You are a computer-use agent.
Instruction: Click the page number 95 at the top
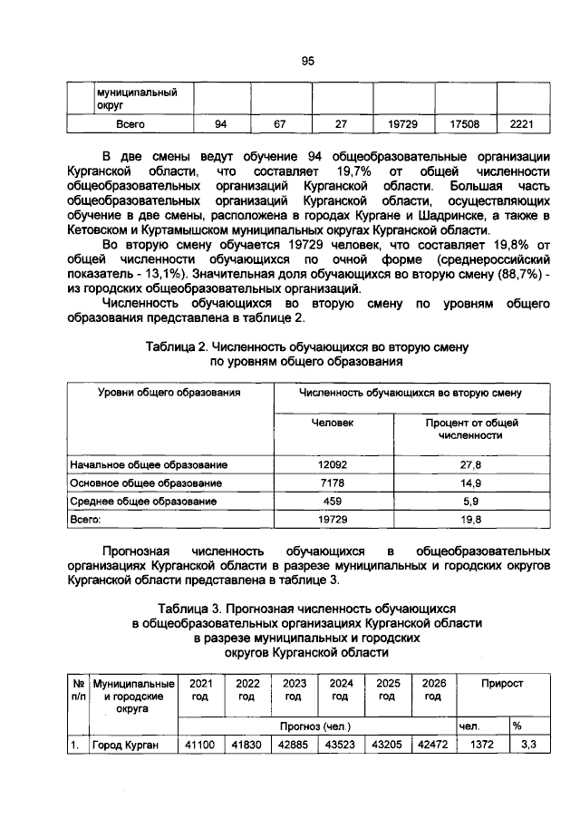[x=307, y=61]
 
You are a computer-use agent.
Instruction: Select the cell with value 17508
[x=463, y=122]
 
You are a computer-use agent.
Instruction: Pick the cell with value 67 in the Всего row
[x=280, y=122]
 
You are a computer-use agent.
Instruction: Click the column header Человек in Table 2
[x=333, y=423]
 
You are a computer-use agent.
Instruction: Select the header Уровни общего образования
[x=169, y=393]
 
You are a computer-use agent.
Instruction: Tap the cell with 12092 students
[x=333, y=465]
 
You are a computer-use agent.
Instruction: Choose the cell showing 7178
[x=333, y=483]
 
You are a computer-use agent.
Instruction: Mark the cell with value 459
[x=333, y=502]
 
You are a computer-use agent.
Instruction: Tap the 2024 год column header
[x=341, y=689]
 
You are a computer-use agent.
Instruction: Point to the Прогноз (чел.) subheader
[x=314, y=726]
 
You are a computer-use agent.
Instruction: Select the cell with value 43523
[x=341, y=746]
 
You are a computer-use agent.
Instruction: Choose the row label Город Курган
[x=125, y=746]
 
